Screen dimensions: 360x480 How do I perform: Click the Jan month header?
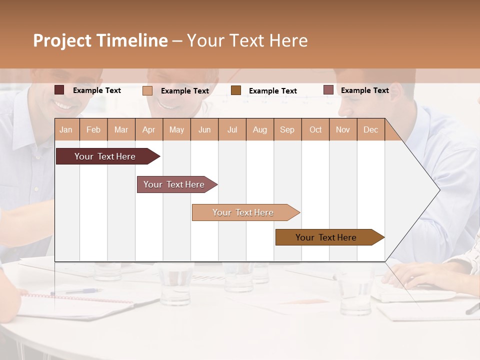[x=66, y=129]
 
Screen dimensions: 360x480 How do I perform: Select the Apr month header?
[x=148, y=129]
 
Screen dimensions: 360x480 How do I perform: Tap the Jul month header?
[x=232, y=129]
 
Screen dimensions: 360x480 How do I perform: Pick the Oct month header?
[x=315, y=129]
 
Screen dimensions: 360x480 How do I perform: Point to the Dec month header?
[x=370, y=129]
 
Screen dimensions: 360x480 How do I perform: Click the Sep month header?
[x=287, y=129]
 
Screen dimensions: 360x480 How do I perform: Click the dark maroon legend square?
[x=59, y=90]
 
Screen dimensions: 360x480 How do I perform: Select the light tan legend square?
[x=147, y=90]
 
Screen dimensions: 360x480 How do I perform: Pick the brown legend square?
[x=236, y=90]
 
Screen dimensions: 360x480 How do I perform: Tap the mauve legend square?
[x=328, y=90]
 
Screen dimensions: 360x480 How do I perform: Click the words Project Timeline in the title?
[x=100, y=40]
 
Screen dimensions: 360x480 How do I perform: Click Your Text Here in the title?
[x=247, y=40]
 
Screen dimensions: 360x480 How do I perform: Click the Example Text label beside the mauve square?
[x=364, y=90]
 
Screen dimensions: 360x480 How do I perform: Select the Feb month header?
[x=93, y=129]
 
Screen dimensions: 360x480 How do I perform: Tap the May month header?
[x=176, y=129]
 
